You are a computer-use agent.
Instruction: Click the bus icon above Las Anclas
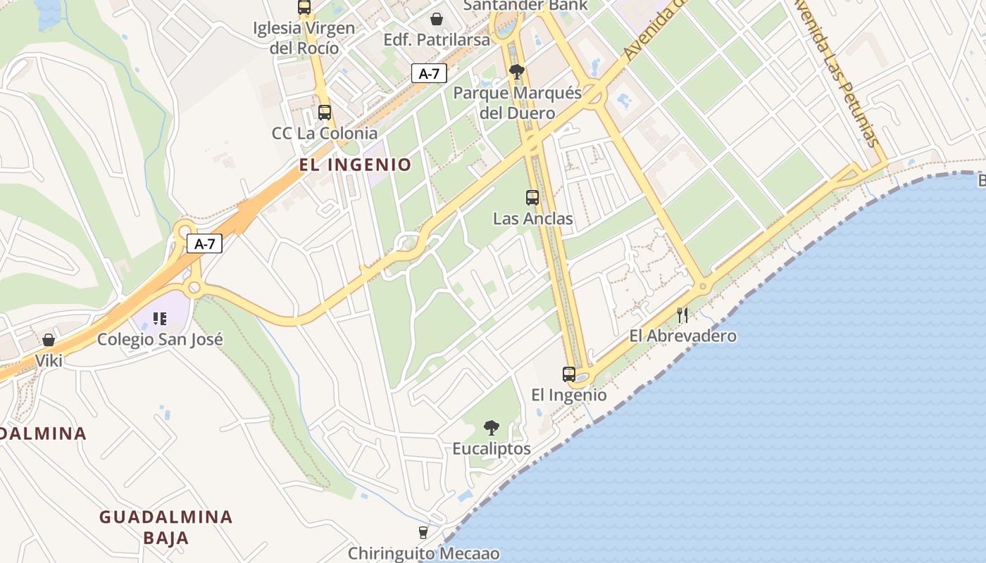[x=532, y=198]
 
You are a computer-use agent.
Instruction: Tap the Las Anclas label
[x=532, y=219]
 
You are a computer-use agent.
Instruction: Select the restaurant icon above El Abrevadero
[x=682, y=315]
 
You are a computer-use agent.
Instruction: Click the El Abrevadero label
[x=682, y=336]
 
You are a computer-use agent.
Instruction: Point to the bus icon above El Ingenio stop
[x=569, y=374]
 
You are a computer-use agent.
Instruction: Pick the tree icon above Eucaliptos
[x=492, y=427]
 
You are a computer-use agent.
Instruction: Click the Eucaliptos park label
[x=492, y=448]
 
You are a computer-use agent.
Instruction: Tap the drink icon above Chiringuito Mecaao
[x=423, y=533]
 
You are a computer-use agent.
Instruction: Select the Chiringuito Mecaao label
[x=424, y=553]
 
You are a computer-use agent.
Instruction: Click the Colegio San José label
[x=160, y=339]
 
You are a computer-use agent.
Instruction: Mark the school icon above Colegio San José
[x=160, y=319]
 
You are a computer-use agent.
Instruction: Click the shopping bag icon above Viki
[x=49, y=341]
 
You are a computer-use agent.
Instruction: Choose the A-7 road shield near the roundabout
[x=204, y=244]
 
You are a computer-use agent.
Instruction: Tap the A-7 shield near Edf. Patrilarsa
[x=429, y=73]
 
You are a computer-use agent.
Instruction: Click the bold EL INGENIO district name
[x=355, y=165]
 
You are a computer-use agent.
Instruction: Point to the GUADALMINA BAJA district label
[x=166, y=527]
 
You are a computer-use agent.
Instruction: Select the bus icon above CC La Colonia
[x=325, y=112]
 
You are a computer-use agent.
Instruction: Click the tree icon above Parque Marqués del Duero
[x=517, y=71]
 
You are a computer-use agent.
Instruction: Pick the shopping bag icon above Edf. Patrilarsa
[x=437, y=19]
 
